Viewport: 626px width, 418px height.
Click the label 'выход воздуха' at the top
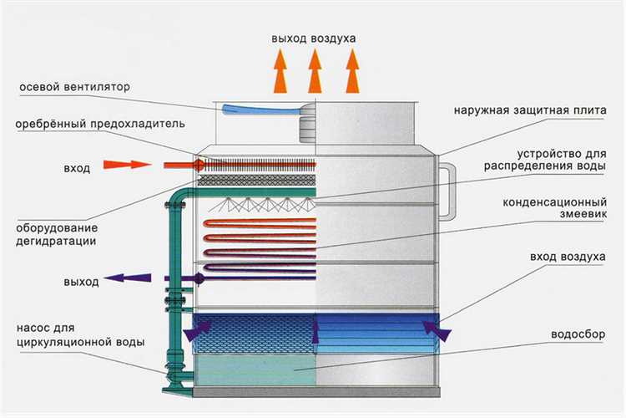pyautogui.click(x=314, y=39)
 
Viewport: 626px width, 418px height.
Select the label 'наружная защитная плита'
pyautogui.click(x=530, y=110)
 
